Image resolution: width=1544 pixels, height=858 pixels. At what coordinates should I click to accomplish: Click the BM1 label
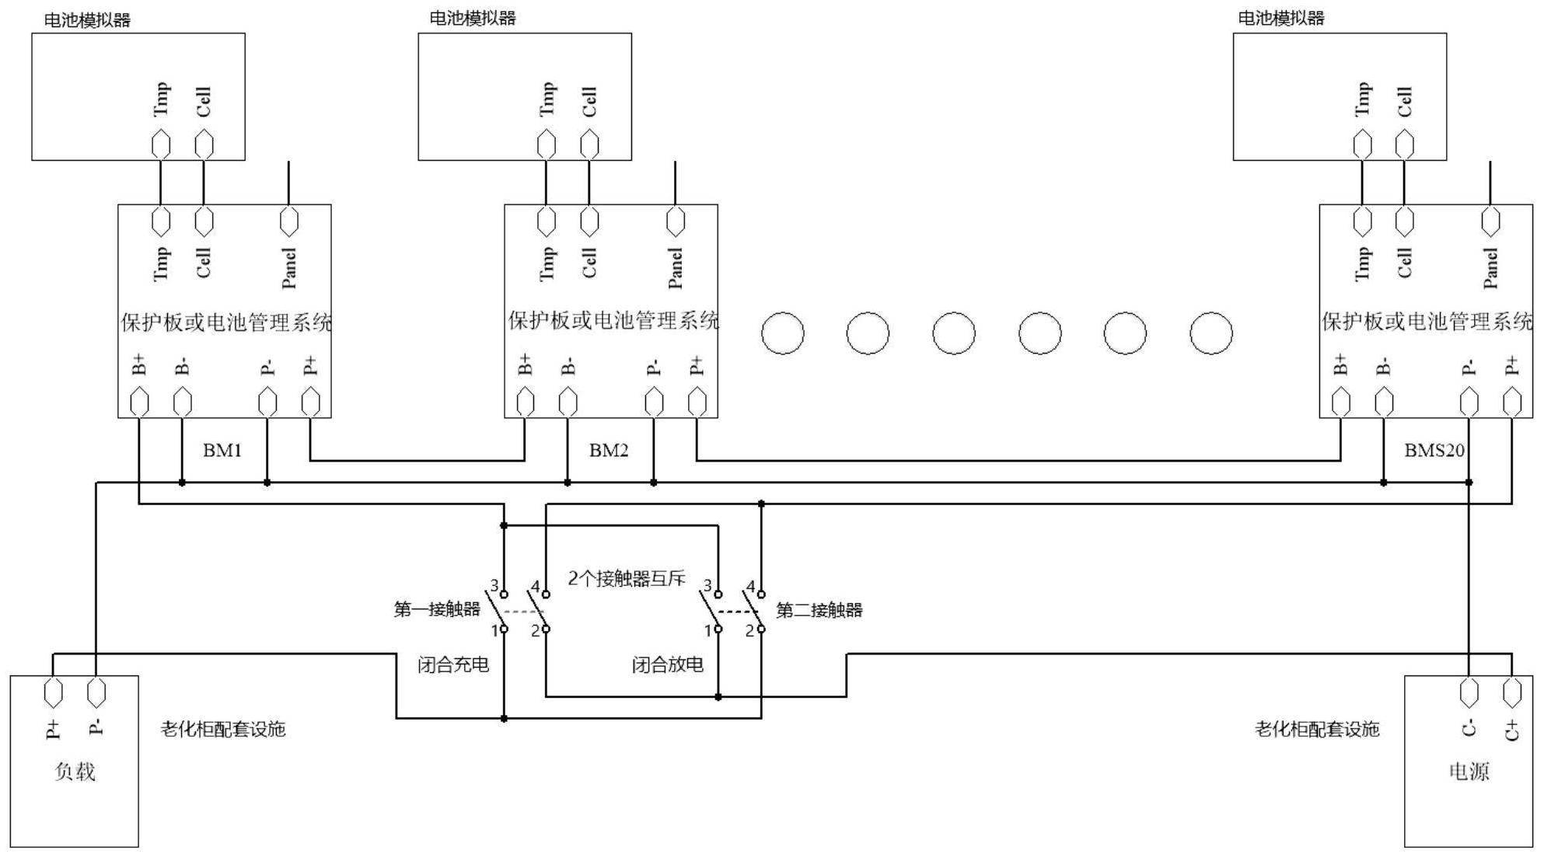tap(222, 450)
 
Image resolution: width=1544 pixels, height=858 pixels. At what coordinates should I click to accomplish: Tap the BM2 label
tap(608, 450)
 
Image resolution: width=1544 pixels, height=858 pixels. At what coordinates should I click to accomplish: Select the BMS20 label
tap(1434, 450)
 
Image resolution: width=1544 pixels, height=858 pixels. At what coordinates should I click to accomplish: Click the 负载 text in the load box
tap(75, 771)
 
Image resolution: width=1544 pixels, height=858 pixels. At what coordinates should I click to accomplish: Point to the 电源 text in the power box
tap(1469, 771)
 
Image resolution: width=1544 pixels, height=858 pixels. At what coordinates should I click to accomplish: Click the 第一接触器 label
tap(437, 609)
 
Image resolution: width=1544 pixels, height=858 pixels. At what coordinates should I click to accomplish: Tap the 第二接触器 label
tap(819, 610)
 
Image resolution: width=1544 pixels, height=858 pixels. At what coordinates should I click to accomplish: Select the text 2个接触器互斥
tap(627, 578)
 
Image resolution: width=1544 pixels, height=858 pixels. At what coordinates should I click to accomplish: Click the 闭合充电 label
tap(453, 664)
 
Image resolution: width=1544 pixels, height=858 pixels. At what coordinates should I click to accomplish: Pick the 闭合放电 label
tap(667, 664)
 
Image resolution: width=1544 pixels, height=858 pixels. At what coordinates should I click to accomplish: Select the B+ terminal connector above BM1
tap(139, 403)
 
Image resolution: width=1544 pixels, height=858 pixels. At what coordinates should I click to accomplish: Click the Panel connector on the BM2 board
tap(676, 221)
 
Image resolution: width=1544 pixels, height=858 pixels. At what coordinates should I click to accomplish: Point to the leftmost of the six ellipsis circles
tap(782, 333)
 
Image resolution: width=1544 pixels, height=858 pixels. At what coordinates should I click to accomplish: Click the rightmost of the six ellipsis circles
tap(1210, 333)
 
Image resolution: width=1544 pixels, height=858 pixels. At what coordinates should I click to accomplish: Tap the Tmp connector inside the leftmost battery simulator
tap(161, 145)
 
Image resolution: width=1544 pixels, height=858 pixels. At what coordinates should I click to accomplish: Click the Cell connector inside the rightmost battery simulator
tap(1404, 145)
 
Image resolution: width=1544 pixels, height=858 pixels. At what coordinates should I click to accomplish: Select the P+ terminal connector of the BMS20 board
tap(1511, 403)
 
